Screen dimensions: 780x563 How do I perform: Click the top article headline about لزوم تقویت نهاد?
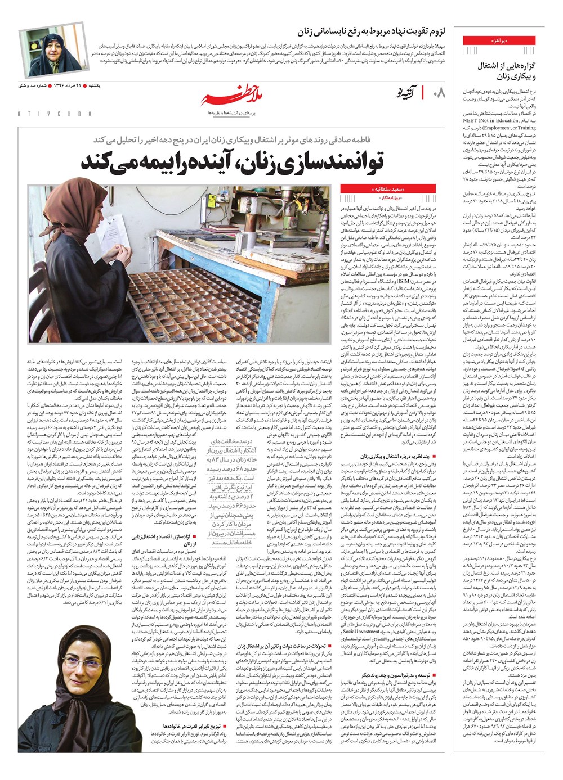click(366, 30)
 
